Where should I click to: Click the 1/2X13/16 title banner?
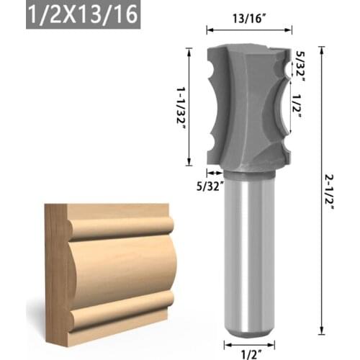point(82,15)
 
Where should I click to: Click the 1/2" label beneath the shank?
point(249,352)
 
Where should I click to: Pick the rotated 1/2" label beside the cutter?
point(297,104)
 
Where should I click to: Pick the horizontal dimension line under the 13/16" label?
point(249,30)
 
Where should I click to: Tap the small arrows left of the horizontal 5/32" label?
point(213,173)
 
